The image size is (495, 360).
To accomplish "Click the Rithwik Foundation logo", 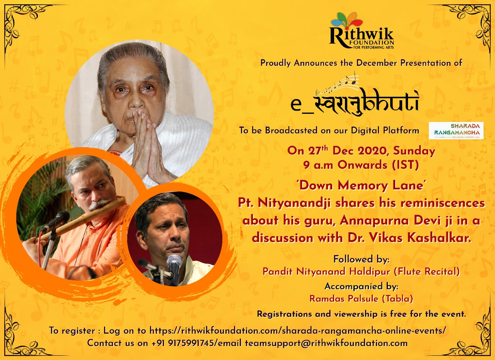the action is tap(362, 31).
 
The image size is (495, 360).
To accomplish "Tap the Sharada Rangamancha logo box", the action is tap(456, 130).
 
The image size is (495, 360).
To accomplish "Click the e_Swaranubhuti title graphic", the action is tap(355, 95).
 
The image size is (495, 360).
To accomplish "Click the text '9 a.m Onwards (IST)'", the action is tap(361, 165).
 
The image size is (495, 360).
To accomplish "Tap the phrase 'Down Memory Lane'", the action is tap(361, 185).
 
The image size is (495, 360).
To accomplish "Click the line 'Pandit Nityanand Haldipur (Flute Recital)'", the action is tap(361, 271).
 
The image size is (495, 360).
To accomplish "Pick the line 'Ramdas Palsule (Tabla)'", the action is tap(361, 298).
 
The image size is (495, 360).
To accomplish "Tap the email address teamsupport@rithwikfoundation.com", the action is tap(326, 343).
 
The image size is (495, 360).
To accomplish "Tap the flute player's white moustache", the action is tap(99, 205).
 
